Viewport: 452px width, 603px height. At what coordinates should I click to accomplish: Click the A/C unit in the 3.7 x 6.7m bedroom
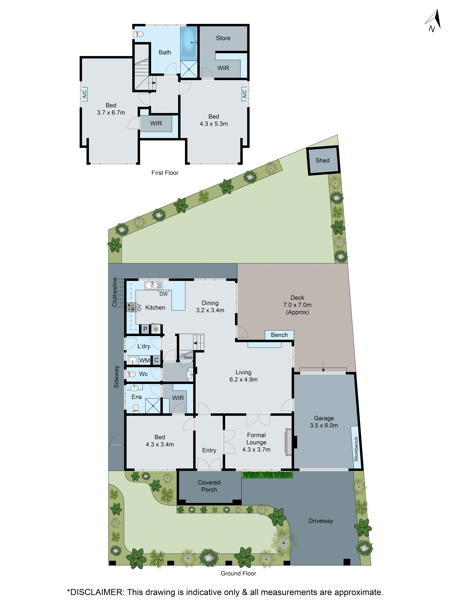coord(85,94)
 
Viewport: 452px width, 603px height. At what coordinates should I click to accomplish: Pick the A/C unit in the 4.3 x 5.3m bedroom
coord(244,94)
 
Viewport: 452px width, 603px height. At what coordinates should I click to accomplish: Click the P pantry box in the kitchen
coord(145,329)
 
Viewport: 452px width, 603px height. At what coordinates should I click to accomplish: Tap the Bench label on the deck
coord(279,335)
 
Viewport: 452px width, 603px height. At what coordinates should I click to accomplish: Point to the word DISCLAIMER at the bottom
coord(96,592)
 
